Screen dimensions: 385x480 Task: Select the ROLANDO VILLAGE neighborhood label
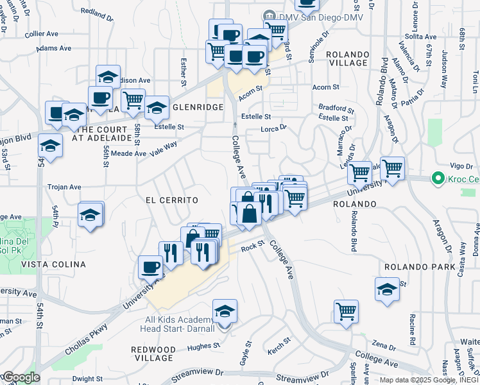pyautogui.click(x=347, y=59)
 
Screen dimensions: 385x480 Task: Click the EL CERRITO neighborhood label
pyautogui.click(x=171, y=200)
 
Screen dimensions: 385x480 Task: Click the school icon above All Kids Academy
pyautogui.click(x=225, y=311)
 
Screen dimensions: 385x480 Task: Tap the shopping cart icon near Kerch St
pyautogui.click(x=346, y=312)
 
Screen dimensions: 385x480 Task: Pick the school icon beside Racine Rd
pyautogui.click(x=388, y=289)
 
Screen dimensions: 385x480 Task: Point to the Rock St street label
pyautogui.click(x=253, y=247)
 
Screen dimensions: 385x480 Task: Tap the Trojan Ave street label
pyautogui.click(x=64, y=187)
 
